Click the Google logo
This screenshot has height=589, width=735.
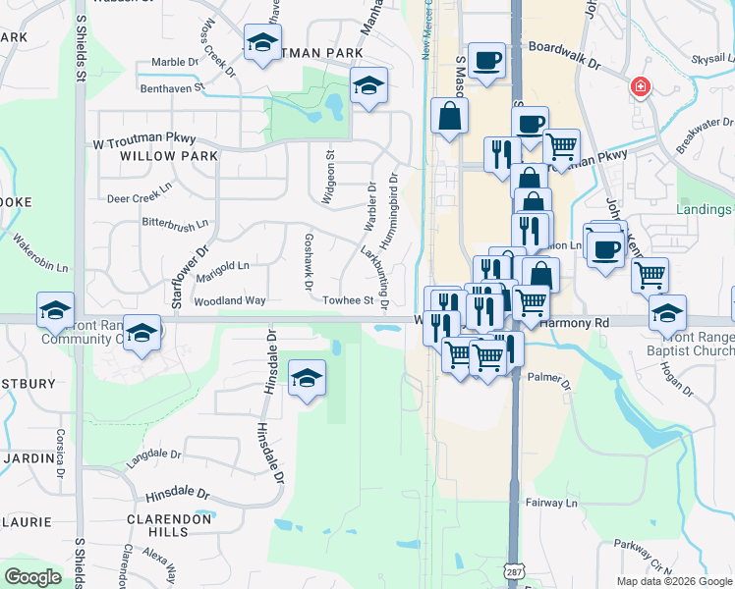click(x=32, y=576)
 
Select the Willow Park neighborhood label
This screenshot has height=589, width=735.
click(x=154, y=156)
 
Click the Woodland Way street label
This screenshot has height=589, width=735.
click(x=230, y=300)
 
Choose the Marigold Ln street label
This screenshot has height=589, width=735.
click(x=222, y=265)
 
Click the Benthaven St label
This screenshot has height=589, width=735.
click(x=169, y=87)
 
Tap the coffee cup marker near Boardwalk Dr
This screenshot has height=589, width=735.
click(x=485, y=61)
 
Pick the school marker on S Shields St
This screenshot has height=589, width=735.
click(x=55, y=310)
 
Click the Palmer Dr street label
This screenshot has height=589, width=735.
click(x=550, y=375)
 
